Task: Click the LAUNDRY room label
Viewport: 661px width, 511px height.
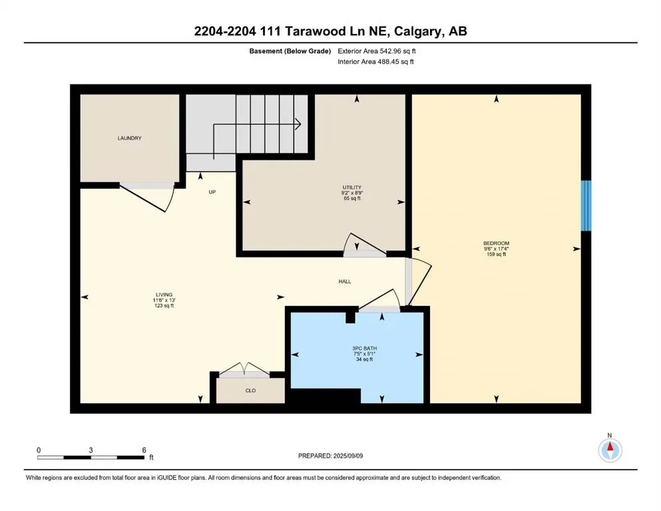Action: coord(129,138)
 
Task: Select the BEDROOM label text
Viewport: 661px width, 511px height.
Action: coord(496,243)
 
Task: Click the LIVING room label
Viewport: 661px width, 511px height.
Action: coord(163,294)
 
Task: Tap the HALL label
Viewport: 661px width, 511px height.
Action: coord(344,281)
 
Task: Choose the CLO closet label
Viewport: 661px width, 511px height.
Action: coord(250,391)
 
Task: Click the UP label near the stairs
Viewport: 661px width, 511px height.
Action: coord(212,192)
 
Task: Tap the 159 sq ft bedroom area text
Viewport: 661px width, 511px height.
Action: coord(496,254)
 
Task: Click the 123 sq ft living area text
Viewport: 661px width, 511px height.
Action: coord(163,305)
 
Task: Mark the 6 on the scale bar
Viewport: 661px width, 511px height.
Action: coord(144,450)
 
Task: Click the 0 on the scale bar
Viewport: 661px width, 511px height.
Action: coord(39,450)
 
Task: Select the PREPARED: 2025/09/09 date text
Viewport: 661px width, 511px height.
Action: coord(331,456)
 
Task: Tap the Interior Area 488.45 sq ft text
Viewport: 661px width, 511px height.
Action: coord(376,62)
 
